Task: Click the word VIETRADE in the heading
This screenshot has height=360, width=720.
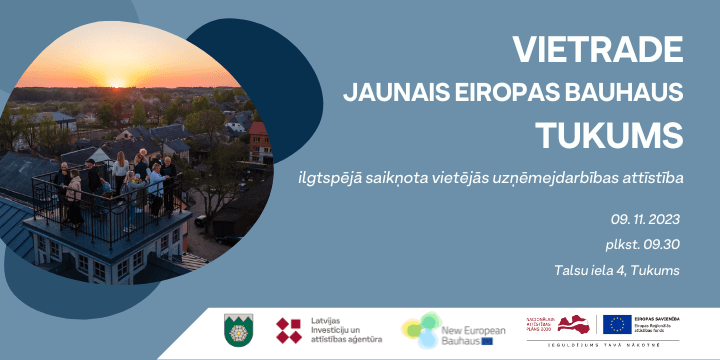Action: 598,49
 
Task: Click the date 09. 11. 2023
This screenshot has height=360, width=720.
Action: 645,218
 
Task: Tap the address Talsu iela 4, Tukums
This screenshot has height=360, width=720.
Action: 616,271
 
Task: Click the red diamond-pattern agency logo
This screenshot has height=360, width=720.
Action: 289,330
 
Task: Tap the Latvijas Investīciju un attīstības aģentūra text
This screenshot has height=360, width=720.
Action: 345,330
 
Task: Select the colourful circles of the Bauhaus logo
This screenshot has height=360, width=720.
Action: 421,329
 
